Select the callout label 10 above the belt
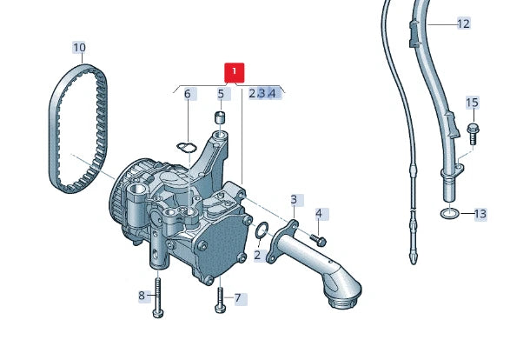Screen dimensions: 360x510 [x=79, y=47]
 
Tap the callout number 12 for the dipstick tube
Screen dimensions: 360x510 [x=463, y=23]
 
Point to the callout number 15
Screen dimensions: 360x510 [x=472, y=103]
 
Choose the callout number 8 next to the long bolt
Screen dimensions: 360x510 [x=142, y=297]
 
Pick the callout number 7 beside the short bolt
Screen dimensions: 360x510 [x=237, y=298]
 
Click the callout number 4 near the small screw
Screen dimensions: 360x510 [x=319, y=213]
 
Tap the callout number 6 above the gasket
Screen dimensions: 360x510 [x=187, y=94]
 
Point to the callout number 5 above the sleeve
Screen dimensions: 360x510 [x=221, y=94]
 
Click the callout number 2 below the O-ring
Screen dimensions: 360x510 [x=257, y=256]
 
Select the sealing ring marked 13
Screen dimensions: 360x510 [x=449, y=214]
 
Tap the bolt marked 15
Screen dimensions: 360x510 [x=473, y=132]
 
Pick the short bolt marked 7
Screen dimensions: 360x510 [x=219, y=299]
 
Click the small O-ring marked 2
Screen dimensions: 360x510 [x=258, y=230]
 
